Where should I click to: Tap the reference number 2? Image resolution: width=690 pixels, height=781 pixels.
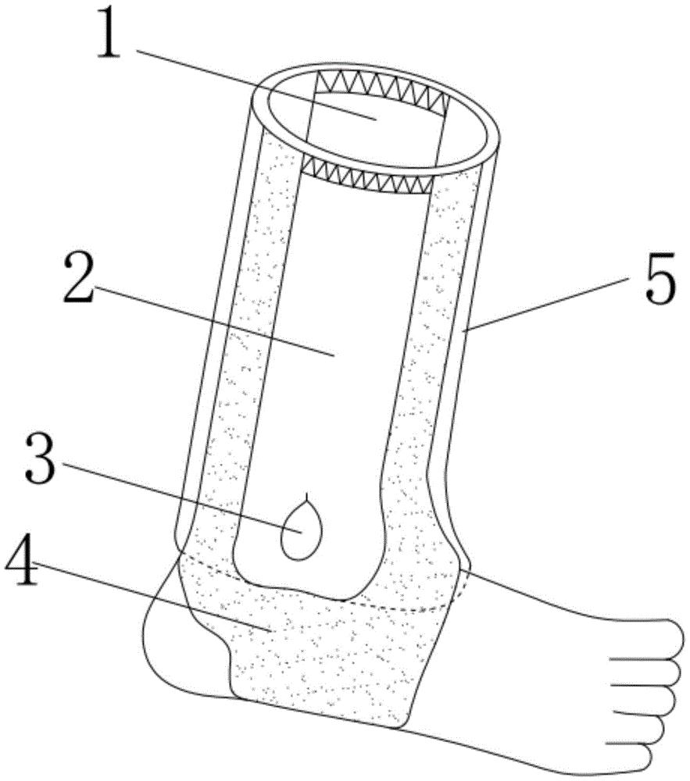click(x=80, y=277)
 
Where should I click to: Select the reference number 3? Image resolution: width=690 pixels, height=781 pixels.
click(x=41, y=458)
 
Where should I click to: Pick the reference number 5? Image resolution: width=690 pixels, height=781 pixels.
click(x=660, y=277)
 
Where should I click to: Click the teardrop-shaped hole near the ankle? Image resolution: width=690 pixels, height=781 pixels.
click(x=300, y=530)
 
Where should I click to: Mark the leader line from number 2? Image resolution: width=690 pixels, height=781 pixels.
click(x=215, y=321)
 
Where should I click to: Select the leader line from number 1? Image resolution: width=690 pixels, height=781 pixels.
click(x=256, y=84)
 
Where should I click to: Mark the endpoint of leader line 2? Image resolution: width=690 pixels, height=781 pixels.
click(x=334, y=355)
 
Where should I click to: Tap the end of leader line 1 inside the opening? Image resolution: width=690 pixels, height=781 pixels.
click(x=374, y=119)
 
